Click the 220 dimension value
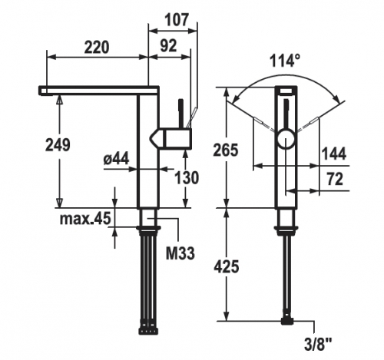[97, 47]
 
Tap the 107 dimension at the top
[177, 19]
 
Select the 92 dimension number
[168, 46]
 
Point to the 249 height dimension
[58, 145]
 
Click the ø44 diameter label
[116, 159]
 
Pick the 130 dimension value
[187, 177]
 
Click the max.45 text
[85, 219]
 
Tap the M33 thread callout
[180, 253]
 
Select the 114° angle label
[285, 61]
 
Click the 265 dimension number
[226, 150]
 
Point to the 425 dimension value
[227, 266]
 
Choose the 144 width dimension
[333, 154]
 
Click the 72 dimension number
[335, 179]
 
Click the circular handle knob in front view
[286, 139]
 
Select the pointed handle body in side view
[170, 138]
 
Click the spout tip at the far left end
[43, 91]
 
